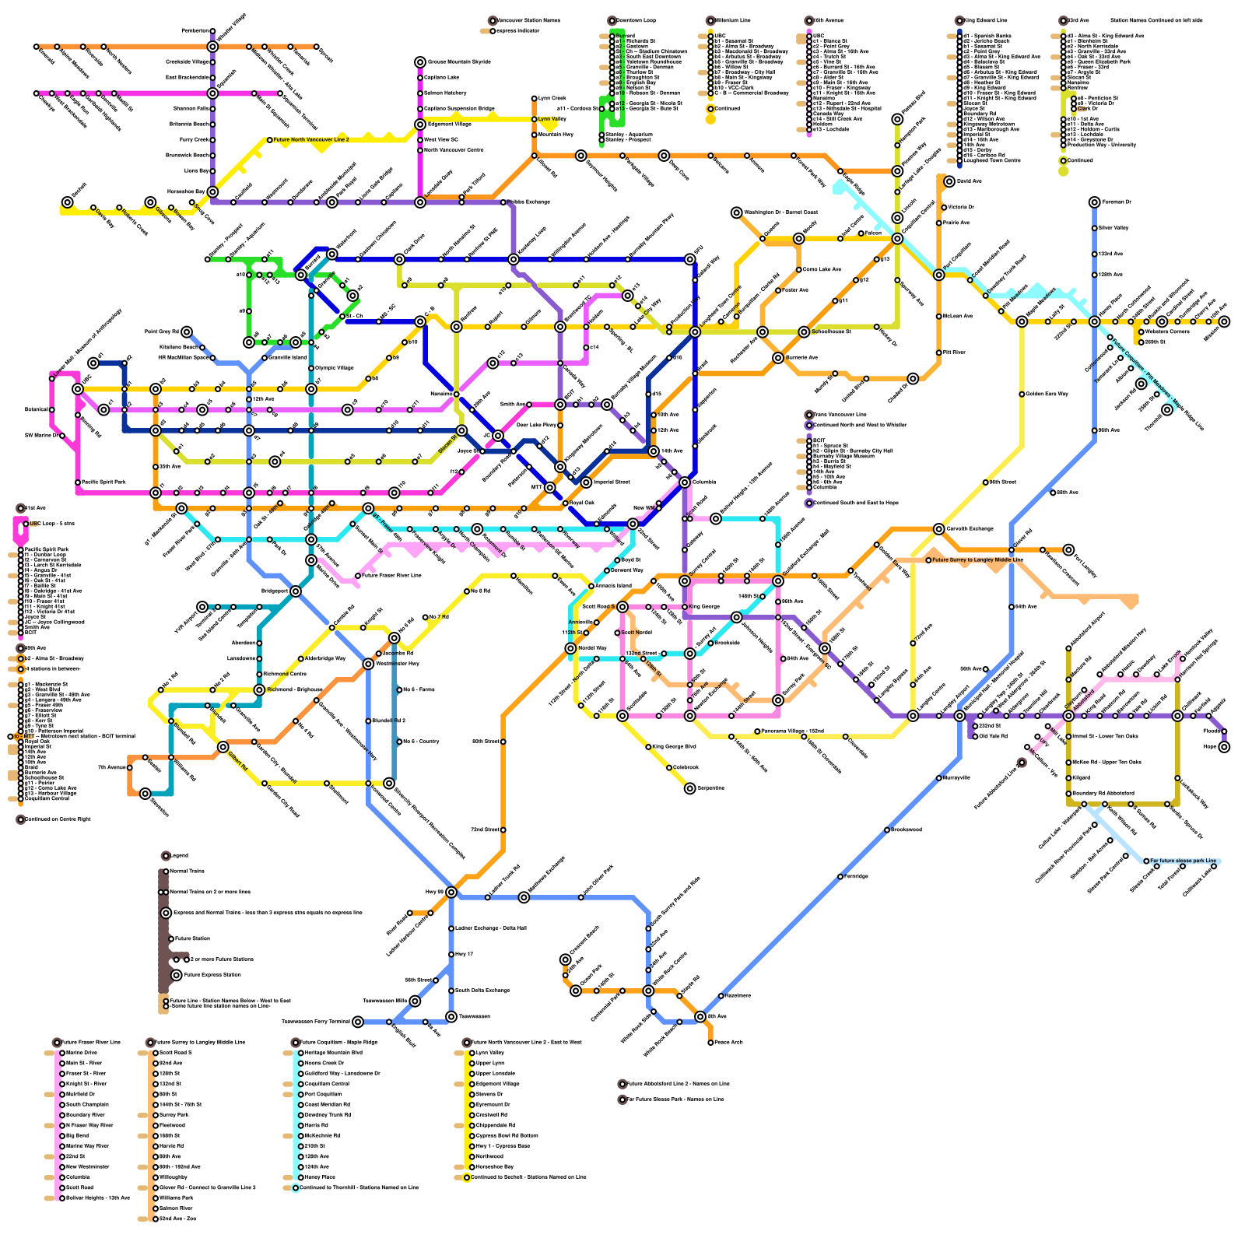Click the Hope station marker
coord(1224,747)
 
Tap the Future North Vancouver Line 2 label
coord(310,140)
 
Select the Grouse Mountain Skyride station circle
coord(420,61)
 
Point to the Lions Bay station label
coord(196,170)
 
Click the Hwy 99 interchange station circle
coord(451,892)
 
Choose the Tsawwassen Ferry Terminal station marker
coord(358,1022)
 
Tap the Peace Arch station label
coord(728,1043)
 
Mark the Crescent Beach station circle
coord(566,959)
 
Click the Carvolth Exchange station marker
coord(939,529)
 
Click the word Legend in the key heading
coord(178,856)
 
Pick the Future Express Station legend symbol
coord(177,975)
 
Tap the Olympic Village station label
coord(335,368)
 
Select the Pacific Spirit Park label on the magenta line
coord(103,482)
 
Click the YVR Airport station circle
coord(202,607)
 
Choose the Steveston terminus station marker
coord(146,794)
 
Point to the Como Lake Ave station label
coord(821,269)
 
